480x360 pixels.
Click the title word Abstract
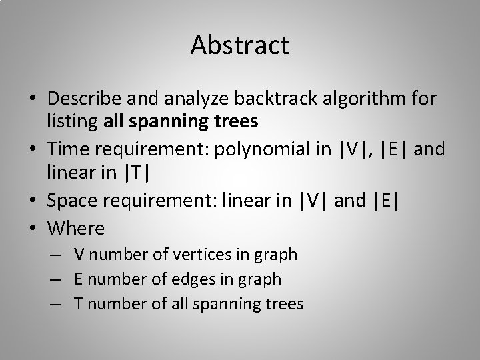[239, 45]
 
